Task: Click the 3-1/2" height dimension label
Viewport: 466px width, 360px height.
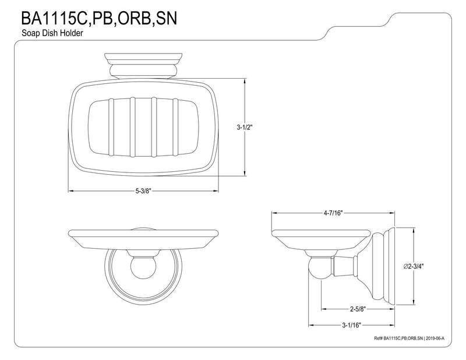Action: tap(244, 127)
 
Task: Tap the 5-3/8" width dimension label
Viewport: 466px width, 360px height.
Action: tap(143, 191)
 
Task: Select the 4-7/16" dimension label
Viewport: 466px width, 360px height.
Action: tap(333, 213)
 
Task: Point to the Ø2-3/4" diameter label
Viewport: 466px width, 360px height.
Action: tap(414, 266)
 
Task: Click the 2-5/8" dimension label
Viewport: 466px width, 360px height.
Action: tap(357, 309)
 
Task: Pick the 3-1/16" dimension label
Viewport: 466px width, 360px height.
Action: tap(351, 325)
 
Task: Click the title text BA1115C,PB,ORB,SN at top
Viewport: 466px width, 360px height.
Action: tap(99, 18)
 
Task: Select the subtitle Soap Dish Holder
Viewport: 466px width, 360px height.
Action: tap(52, 33)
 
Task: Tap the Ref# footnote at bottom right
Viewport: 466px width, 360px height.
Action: tap(411, 338)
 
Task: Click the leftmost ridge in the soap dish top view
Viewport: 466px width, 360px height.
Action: tap(111, 127)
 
